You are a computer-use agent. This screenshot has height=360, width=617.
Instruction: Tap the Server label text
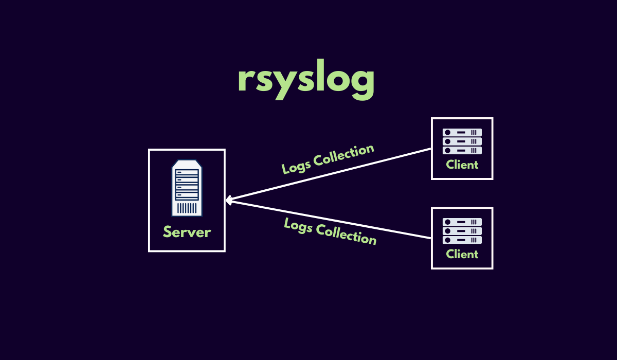coord(187,232)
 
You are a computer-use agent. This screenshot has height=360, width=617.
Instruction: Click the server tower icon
coord(187,188)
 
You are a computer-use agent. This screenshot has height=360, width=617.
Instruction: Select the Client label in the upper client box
coord(462,165)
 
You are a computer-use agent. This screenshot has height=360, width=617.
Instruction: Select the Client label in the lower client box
coord(462,254)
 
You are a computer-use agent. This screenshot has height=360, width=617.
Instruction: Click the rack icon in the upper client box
coord(462,141)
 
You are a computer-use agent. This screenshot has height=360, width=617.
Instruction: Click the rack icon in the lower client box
coord(462,231)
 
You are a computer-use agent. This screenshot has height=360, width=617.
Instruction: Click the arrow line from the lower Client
coord(329,219)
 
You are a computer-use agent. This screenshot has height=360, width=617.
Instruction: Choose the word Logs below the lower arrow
coord(298,225)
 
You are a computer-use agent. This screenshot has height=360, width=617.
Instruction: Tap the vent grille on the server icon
coord(187,208)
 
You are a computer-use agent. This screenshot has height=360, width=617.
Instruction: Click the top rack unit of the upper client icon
coord(462,133)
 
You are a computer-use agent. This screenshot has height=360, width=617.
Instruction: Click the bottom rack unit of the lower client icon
coord(462,240)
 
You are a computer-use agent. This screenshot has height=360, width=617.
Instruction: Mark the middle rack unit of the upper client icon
coord(462,141)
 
